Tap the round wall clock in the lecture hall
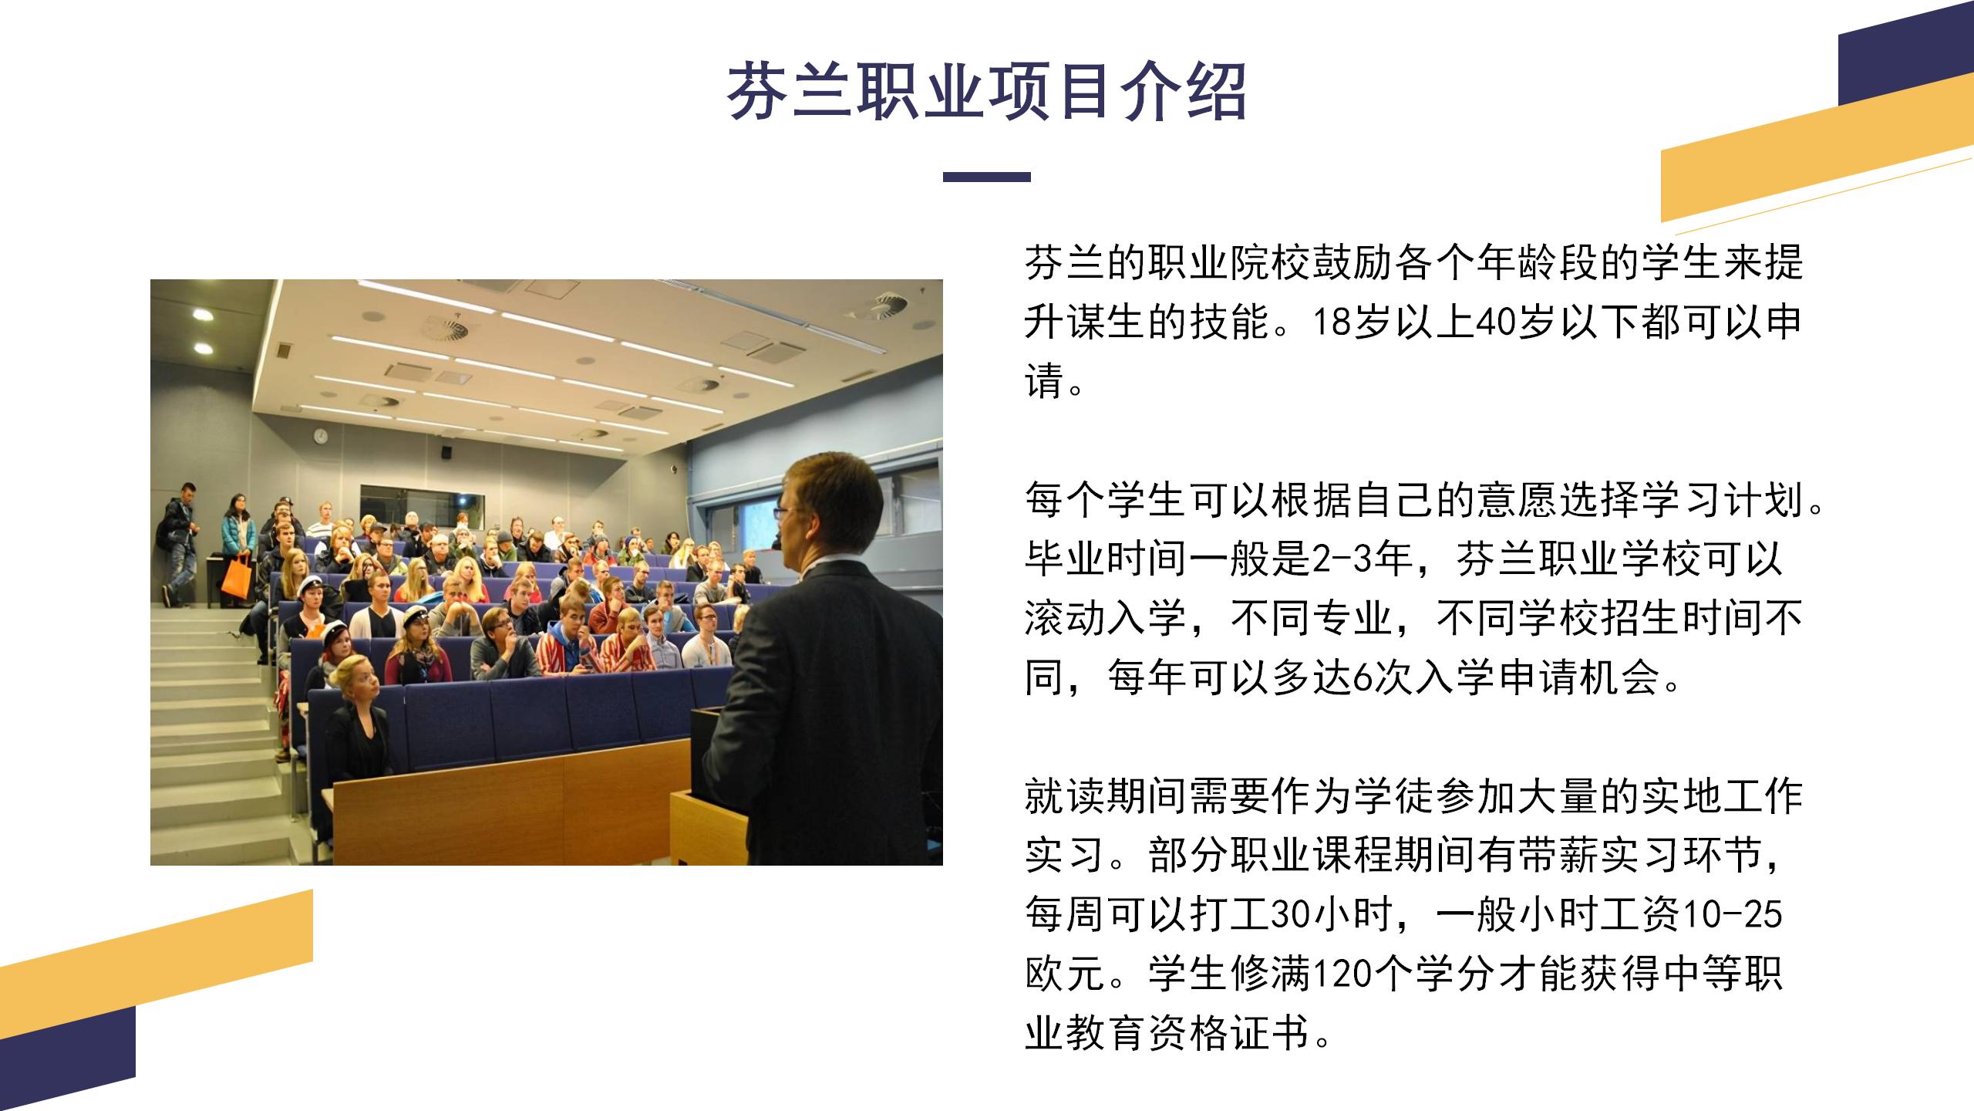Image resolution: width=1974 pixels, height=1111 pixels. click(321, 437)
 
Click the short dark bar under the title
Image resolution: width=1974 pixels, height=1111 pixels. click(986, 177)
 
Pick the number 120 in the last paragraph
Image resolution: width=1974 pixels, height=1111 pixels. click(1339, 974)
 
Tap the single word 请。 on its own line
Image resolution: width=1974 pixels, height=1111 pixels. click(1054, 381)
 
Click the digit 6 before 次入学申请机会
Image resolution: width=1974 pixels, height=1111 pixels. click(1363, 678)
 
